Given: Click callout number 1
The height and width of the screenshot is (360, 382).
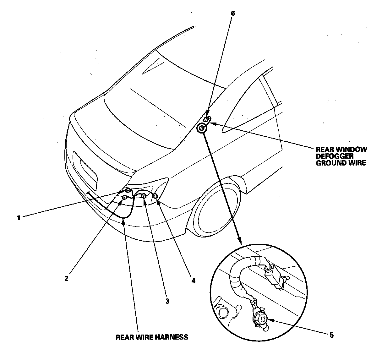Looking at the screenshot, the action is (19, 217).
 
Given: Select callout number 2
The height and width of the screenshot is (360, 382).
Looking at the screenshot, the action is (66, 278).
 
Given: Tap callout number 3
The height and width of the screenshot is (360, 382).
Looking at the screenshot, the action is (167, 301).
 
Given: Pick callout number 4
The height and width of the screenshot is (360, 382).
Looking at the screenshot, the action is (193, 281).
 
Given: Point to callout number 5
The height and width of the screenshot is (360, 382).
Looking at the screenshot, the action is (331, 335).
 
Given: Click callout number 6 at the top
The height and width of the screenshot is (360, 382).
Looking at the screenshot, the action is (232, 13).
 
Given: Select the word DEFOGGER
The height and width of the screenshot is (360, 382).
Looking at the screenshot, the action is (335, 156).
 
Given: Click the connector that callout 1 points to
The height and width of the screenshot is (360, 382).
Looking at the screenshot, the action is (128, 190).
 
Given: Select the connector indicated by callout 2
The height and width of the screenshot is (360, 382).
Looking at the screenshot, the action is (125, 197).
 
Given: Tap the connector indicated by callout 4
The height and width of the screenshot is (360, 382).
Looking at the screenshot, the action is (155, 196).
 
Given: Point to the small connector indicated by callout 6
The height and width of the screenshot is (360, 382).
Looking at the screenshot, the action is (207, 119).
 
